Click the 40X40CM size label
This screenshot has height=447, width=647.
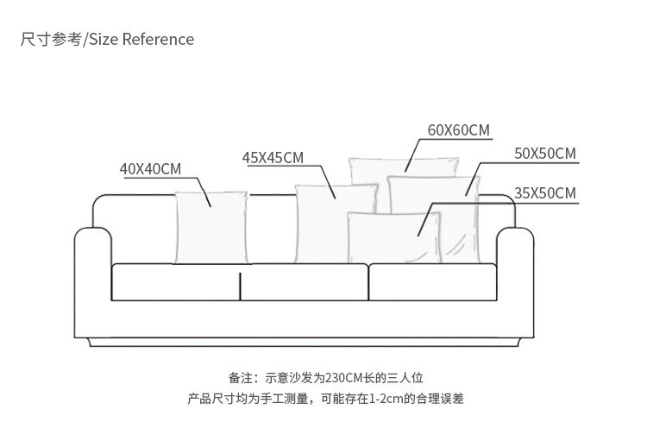point(151,169)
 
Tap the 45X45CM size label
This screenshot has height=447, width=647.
point(273,158)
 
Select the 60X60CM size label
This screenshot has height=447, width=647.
point(458,130)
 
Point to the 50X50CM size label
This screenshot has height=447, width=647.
point(544,154)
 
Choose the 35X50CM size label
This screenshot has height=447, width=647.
point(544,193)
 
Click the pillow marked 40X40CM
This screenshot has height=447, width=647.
point(211,228)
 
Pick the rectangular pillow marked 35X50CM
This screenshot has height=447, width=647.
point(394,238)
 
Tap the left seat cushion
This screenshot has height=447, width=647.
point(175,282)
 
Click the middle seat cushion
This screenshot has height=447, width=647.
point(305,282)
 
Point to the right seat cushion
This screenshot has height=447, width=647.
point(432,282)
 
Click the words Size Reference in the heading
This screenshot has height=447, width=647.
point(141,39)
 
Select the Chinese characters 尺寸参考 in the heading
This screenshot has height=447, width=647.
point(51,39)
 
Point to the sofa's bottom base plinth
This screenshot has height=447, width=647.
point(305,343)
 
